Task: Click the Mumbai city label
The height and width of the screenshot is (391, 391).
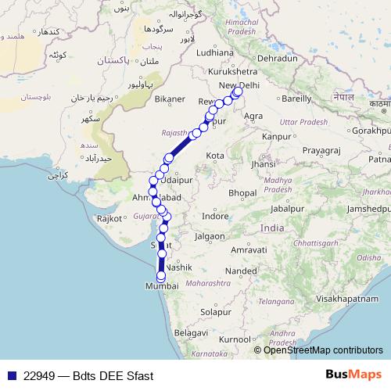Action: [x=163, y=288]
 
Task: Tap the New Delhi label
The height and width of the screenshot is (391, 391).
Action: [x=239, y=84]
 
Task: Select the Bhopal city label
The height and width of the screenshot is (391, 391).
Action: [x=243, y=192]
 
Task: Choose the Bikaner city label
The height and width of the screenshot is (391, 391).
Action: [x=169, y=100]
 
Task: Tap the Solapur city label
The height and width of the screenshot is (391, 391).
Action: [x=214, y=311]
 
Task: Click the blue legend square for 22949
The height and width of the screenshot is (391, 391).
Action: [x=11, y=376]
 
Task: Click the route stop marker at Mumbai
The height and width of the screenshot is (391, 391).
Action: [x=161, y=275]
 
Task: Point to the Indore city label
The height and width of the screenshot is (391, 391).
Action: [x=215, y=216]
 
